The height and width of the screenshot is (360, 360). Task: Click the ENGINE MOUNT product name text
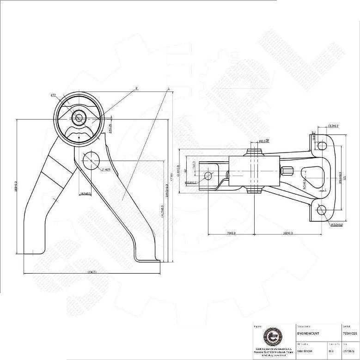click(309, 333)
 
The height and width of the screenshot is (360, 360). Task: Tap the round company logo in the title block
click(270, 337)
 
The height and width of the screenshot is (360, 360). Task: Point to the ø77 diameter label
click(53, 95)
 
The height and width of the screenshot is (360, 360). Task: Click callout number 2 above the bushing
click(137, 87)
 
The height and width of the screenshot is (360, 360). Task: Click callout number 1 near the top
click(169, 88)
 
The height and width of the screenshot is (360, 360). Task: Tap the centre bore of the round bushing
click(79, 118)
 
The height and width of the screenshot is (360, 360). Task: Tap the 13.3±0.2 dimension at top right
click(333, 126)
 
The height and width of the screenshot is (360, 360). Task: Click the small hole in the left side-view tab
click(208, 175)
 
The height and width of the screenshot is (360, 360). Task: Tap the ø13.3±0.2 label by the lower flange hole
click(341, 225)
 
